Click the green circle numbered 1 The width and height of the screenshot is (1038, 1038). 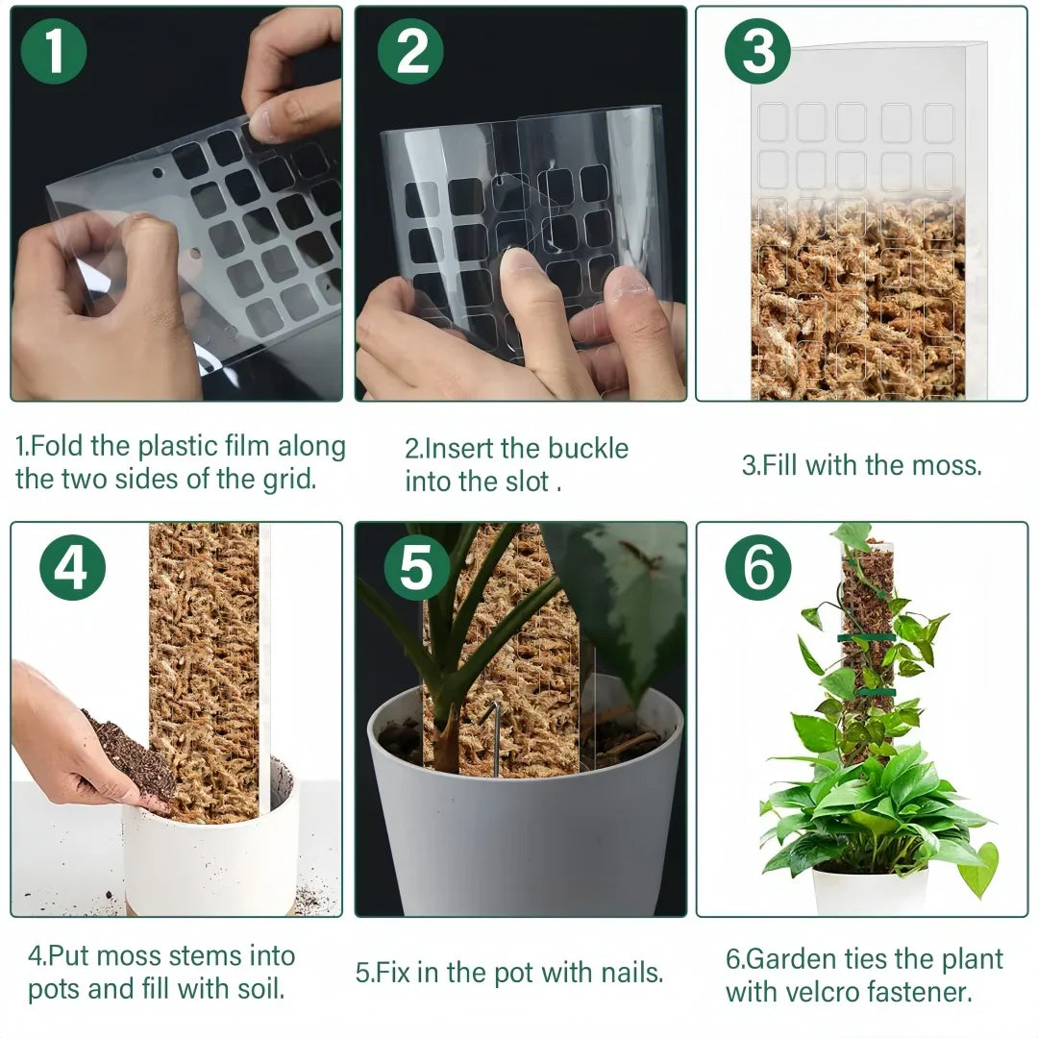click(54, 52)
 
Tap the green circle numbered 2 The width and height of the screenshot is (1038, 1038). click(410, 52)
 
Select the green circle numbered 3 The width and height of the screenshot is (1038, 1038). click(757, 52)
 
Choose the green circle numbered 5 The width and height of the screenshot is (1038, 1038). click(416, 568)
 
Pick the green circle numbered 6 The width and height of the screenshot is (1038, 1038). click(758, 568)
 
